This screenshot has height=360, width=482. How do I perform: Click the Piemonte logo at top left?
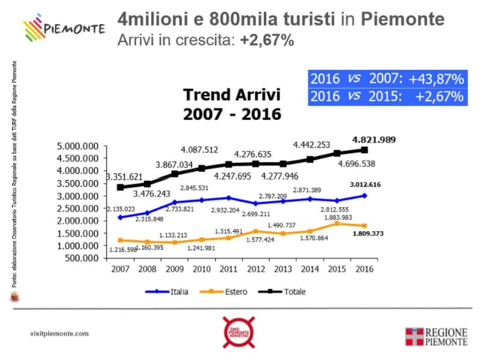point(63,27)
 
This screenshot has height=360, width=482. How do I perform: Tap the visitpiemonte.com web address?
point(59,334)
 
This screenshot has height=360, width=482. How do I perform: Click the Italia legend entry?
point(168,291)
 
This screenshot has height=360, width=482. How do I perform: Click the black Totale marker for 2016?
point(364,150)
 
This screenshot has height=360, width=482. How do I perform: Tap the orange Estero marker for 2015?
point(337,223)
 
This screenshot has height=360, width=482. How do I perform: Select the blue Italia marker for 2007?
point(120,217)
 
